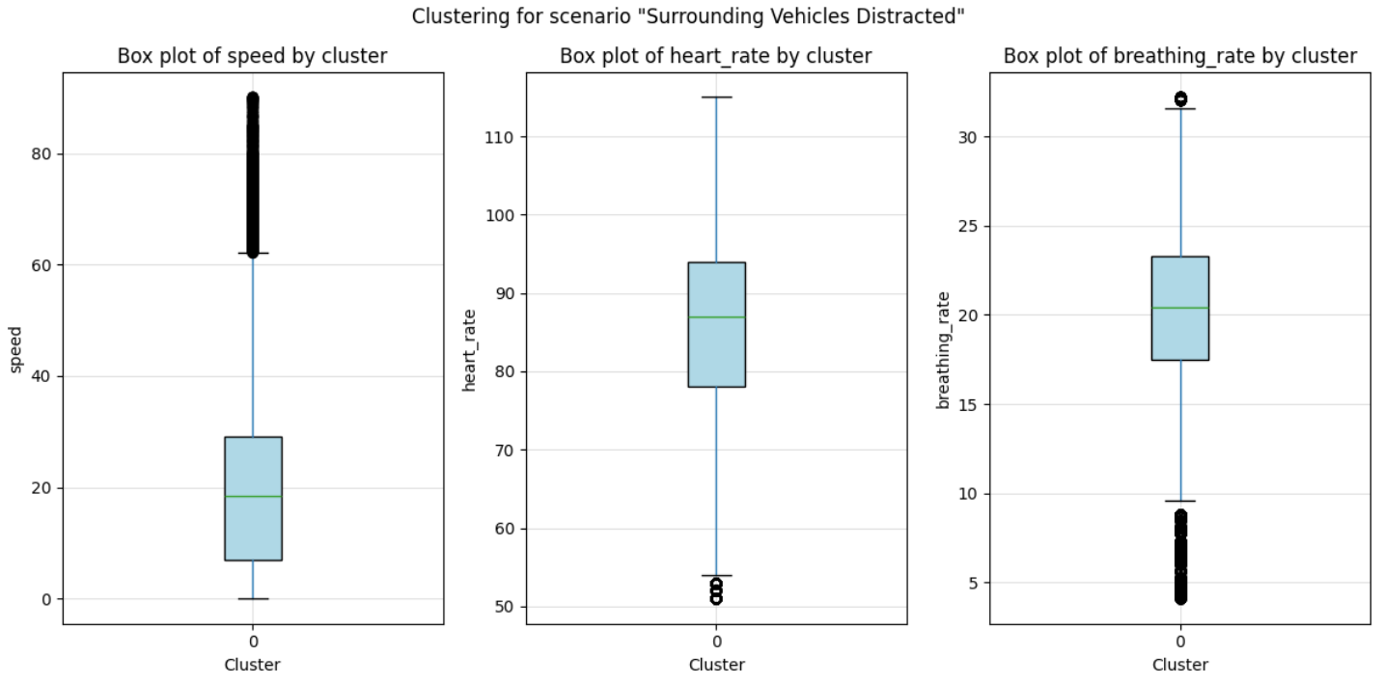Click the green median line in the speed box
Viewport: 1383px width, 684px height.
click(x=253, y=496)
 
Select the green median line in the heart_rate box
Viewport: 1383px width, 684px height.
click(x=716, y=316)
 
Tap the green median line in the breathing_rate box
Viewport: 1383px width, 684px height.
click(x=1180, y=308)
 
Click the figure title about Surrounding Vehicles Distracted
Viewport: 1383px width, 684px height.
click(x=689, y=16)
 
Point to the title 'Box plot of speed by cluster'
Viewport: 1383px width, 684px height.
click(x=252, y=56)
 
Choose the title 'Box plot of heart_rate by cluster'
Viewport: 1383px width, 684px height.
click(x=715, y=56)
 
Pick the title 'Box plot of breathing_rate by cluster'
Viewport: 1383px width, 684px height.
click(x=1179, y=56)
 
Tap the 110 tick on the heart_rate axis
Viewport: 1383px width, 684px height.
click(x=496, y=137)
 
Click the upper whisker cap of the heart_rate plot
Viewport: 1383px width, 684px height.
click(x=716, y=97)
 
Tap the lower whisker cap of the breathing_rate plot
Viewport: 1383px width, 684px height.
click(x=1180, y=501)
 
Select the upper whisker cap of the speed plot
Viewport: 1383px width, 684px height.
click(x=253, y=253)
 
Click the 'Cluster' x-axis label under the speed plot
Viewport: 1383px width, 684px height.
click(x=252, y=664)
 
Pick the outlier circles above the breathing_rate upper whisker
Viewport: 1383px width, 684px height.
click(x=1180, y=98)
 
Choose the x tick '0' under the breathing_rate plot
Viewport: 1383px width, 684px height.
click(x=1180, y=641)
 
